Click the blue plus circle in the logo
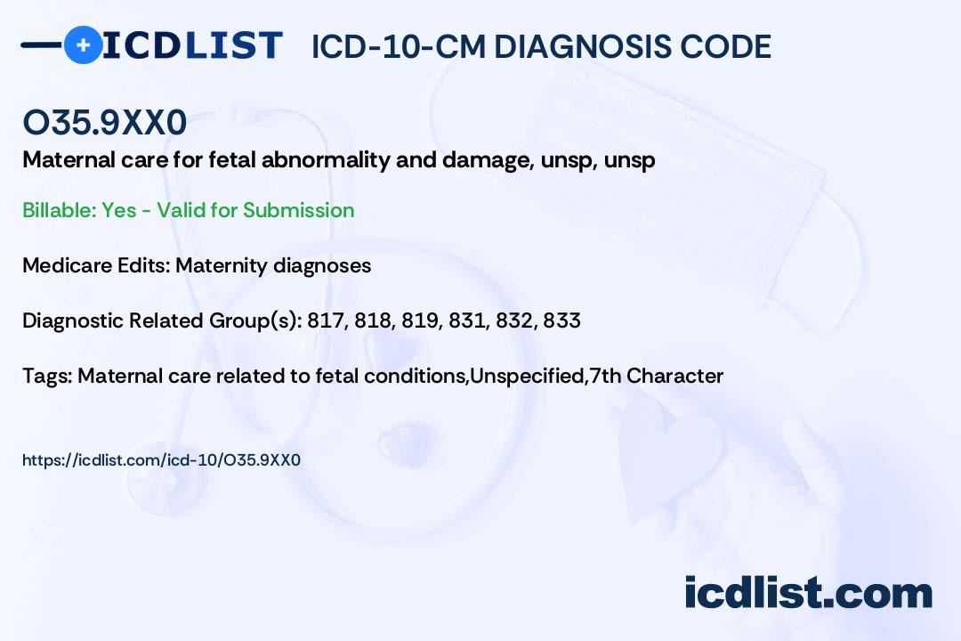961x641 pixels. tap(84, 45)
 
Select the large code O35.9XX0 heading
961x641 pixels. tap(105, 122)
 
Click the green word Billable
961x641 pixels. tap(58, 210)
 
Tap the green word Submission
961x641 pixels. tap(298, 210)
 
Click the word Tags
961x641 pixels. tap(47, 376)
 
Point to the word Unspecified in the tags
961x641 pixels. tap(527, 376)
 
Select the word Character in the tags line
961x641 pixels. tap(674, 376)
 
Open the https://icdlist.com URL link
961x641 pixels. tap(161, 460)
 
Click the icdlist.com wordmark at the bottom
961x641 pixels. tap(808, 593)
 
